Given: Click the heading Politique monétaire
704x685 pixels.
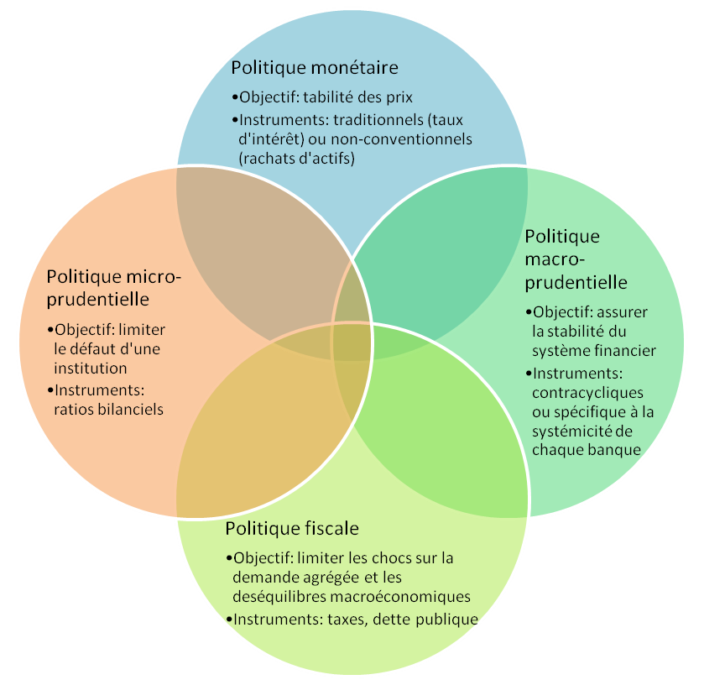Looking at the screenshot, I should [x=315, y=67].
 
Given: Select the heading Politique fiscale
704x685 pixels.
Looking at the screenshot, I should [x=292, y=529].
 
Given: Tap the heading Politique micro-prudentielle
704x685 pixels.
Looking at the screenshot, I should [x=114, y=287].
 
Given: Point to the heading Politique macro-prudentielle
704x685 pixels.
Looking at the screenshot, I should [x=576, y=259].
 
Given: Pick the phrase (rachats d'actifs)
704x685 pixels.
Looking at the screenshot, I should [x=297, y=158].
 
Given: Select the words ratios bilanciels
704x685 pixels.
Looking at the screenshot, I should [x=108, y=409].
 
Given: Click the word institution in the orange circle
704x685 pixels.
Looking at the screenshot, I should [x=90, y=369].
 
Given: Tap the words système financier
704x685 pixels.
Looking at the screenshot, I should [x=594, y=351].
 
